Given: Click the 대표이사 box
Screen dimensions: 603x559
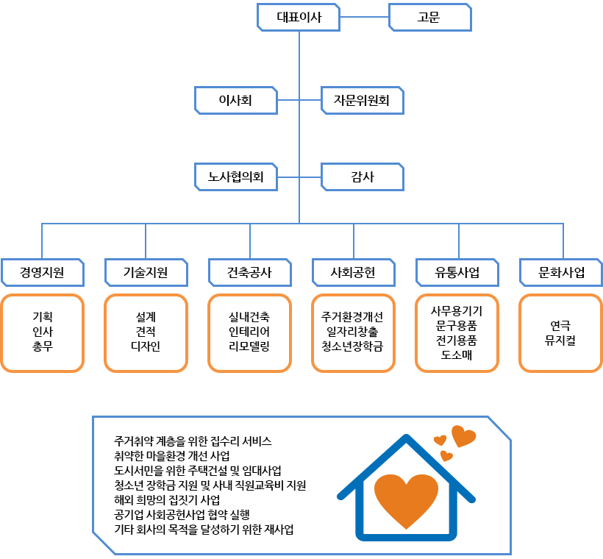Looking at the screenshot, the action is tap(299, 18).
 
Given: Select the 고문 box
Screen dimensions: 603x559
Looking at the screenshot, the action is tap(430, 18).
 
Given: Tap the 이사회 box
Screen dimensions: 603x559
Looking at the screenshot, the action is tap(236, 101).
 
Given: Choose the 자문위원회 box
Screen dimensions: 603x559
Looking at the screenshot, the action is tap(363, 101).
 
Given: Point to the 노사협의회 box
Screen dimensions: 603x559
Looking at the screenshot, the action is tap(236, 177).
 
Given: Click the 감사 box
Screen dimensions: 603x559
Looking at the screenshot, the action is tap(363, 177).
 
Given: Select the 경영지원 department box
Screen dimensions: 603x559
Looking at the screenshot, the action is tap(43, 272).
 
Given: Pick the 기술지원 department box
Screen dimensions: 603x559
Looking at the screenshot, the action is tap(146, 272).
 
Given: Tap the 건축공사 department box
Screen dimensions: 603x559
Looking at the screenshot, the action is tap(250, 272).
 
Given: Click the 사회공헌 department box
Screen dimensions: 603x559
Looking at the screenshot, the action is tap(354, 272).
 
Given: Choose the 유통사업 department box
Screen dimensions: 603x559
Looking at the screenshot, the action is tap(457, 272).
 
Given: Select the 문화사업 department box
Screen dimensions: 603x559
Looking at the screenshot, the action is tap(561, 272).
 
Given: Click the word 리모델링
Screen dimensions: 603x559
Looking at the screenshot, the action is tap(249, 346).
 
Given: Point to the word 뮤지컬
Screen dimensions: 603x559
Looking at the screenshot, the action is tap(560, 340).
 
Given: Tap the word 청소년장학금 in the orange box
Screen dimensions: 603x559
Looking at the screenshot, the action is tap(352, 346).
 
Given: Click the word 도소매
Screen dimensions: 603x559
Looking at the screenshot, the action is tap(457, 355).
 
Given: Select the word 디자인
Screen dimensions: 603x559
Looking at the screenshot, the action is tap(146, 346).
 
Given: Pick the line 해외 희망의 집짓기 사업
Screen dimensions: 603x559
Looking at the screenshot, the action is tap(167, 500).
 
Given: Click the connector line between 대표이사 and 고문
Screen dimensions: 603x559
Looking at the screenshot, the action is tap(364, 17).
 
